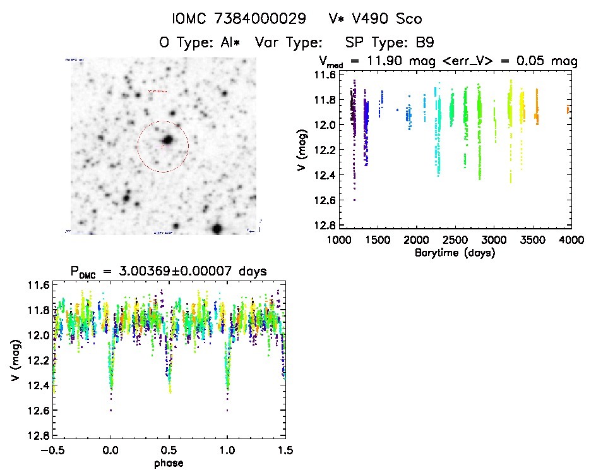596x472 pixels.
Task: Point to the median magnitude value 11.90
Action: [x=401, y=61]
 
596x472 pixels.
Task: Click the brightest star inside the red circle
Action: [x=168, y=140]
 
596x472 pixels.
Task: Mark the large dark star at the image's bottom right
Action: [x=218, y=229]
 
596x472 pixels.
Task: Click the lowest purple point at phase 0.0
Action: [x=111, y=410]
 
